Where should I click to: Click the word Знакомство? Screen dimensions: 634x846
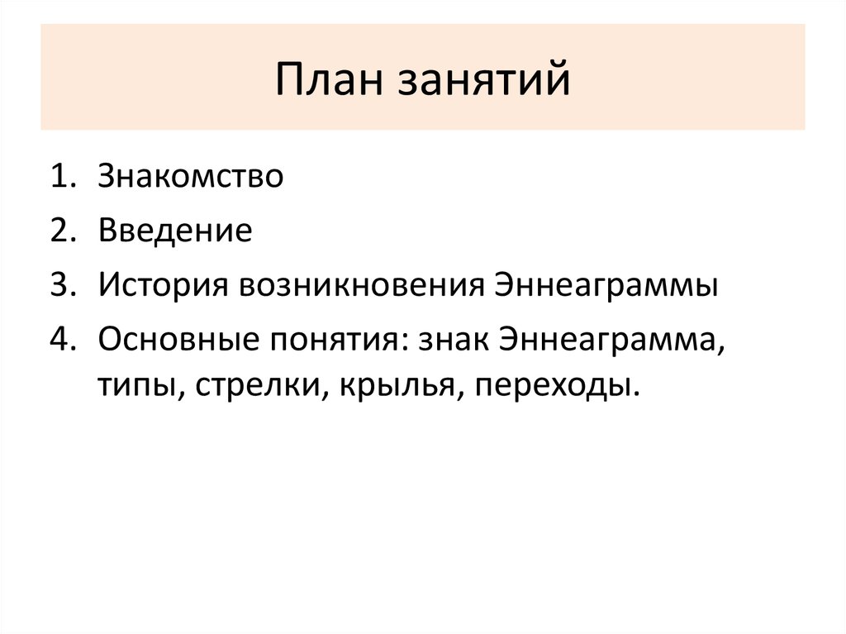(191, 177)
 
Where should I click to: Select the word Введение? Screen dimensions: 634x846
(175, 231)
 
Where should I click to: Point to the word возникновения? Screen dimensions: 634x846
(361, 286)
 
